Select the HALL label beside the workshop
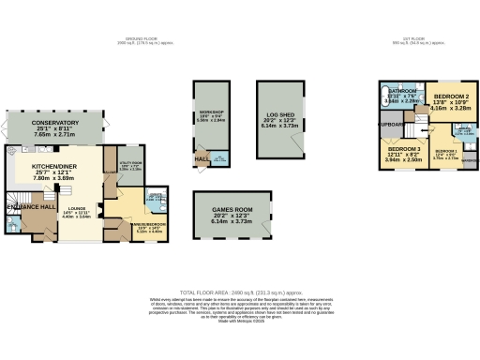(x=202, y=160)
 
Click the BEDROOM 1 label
(x=445, y=151)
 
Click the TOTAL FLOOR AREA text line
(x=240, y=292)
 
